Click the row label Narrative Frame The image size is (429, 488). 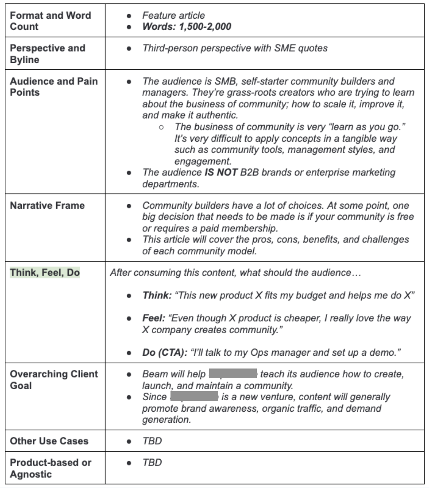[x=47, y=205]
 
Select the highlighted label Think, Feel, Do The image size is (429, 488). [x=45, y=272]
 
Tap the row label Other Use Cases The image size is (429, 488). [x=49, y=441]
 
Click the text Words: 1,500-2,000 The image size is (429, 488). [x=187, y=27]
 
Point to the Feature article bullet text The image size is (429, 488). [x=173, y=16]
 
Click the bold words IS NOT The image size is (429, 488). [x=221, y=172]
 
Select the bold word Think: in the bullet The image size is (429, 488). [x=157, y=295]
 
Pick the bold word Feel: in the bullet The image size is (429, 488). [x=154, y=318]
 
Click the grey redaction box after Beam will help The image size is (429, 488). [x=233, y=374]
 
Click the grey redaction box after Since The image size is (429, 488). [x=194, y=396]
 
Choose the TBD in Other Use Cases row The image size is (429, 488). [x=152, y=441]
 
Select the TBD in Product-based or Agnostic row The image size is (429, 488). [x=152, y=462]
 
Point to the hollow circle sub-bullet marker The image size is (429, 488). [x=161, y=127]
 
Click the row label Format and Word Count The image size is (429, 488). [x=50, y=21]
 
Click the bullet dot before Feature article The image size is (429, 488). [x=129, y=16]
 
